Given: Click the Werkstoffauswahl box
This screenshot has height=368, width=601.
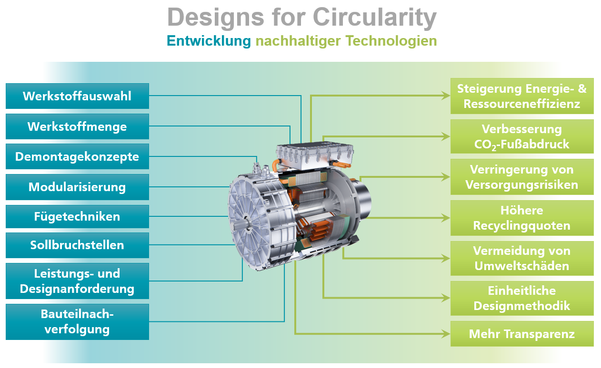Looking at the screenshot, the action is pos(77,96).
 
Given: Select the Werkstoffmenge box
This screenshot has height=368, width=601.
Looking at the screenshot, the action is pos(77,126).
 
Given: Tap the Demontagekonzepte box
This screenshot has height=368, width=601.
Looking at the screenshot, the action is pos(77,156).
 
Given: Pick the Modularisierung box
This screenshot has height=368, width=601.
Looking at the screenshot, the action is pos(77,187).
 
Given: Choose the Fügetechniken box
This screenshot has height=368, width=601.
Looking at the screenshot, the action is pos(77,216).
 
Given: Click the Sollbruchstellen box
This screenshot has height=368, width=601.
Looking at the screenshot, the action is pos(77,245).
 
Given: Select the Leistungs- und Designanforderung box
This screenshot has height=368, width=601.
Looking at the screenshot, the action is pos(77,281).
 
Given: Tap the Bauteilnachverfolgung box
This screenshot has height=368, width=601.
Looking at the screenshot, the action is pos(77,322).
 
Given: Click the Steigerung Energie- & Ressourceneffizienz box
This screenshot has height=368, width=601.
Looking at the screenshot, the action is pos(522,96).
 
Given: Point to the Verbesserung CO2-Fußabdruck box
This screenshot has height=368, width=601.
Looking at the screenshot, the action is pos(522,136).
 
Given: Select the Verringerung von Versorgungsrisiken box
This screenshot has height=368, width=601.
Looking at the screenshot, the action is pos(522,177).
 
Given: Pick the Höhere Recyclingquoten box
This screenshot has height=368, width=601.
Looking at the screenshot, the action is pos(522,218).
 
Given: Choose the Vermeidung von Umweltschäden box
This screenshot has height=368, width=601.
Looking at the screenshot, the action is pos(522,259).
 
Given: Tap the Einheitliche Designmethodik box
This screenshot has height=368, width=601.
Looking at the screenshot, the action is pos(522,298).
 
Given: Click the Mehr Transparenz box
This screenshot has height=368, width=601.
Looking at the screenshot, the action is pos(522,334).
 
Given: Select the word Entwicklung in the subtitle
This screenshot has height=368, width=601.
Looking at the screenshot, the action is pos(209,41).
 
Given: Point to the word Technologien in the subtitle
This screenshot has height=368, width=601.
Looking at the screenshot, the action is pos(391,41).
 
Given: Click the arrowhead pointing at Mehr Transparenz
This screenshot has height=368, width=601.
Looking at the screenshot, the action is pos(446,334).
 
